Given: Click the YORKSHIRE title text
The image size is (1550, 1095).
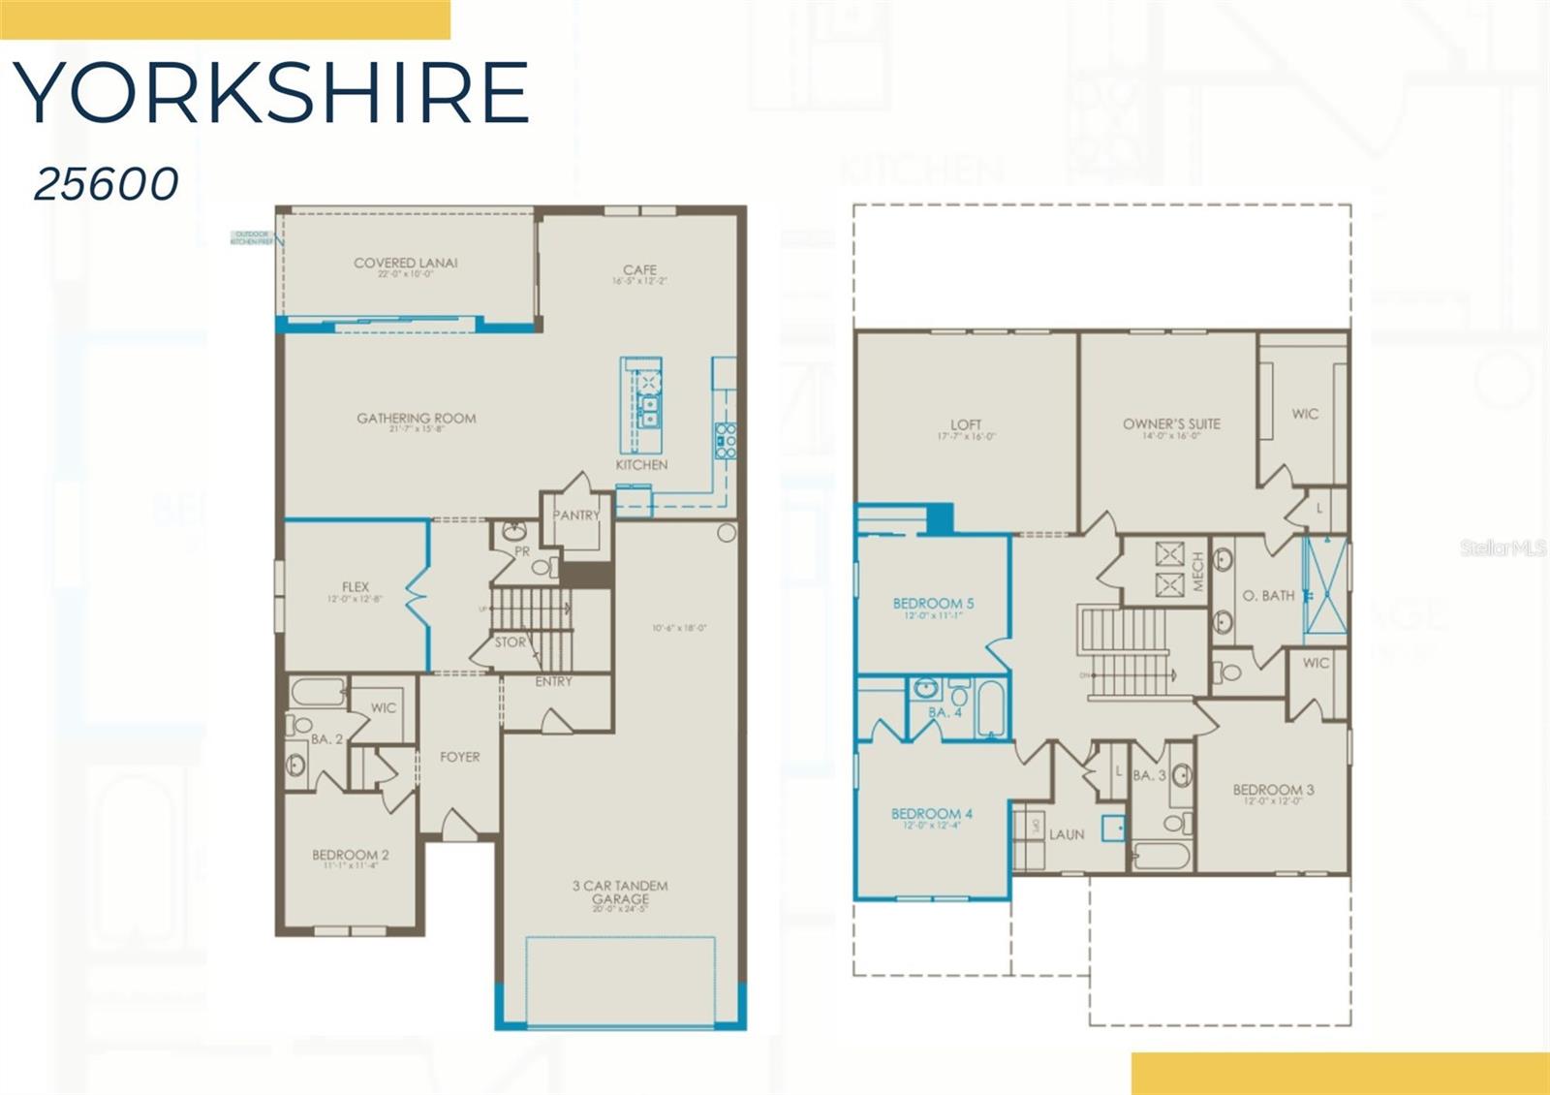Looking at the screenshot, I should pos(271,93).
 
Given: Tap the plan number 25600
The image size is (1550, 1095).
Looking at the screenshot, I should pos(107,183).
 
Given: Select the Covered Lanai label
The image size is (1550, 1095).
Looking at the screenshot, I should pos(406,264).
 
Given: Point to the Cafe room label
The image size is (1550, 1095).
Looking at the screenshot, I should pos(640,270).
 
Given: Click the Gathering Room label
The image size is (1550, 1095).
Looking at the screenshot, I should pos(417,419).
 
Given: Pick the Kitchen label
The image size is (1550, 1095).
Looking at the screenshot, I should pos(641,465).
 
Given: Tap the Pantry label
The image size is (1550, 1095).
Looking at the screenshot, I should pos(576,516).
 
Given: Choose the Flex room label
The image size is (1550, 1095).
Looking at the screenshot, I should pos(356,587).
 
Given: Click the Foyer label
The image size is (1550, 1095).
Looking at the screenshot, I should pos(460,757).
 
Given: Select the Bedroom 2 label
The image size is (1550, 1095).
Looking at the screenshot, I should pos(351,855).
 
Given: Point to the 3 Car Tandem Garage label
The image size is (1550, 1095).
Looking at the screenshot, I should pos(620,892).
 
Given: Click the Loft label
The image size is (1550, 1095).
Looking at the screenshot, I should pos(966,424).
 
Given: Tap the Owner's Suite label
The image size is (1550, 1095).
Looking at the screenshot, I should pos(1171,423).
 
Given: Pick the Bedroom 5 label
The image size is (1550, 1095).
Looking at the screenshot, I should pos(933,604).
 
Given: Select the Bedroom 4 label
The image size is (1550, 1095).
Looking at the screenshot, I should pos(932,814).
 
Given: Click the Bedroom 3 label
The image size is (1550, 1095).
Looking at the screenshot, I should pos(1273,790).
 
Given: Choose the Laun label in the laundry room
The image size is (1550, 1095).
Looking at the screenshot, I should pos(1067,834).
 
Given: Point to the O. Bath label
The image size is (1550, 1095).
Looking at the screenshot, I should pos(1268,596).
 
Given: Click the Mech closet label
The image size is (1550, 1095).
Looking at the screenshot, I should pos(1198,572).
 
